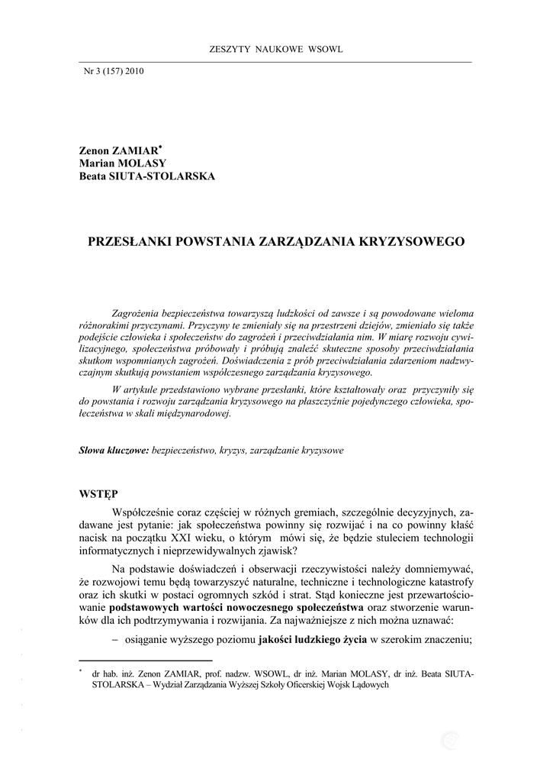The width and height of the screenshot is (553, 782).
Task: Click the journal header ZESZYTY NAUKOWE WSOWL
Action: tap(275, 50)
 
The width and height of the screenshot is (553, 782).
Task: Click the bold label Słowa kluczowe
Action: tap(114, 451)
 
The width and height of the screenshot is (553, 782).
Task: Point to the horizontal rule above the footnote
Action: tap(146, 660)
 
